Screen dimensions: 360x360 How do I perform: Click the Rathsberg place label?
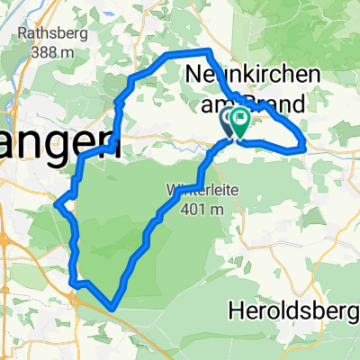tap(51, 37)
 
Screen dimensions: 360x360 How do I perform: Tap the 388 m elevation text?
tap(52, 53)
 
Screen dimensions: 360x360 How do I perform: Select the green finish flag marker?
tap(241, 120)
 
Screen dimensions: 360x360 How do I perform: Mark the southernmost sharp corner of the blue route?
tap(112, 308)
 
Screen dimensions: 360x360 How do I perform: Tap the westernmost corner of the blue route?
tap(57, 203)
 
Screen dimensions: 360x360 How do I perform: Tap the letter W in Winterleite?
tap(170, 191)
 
